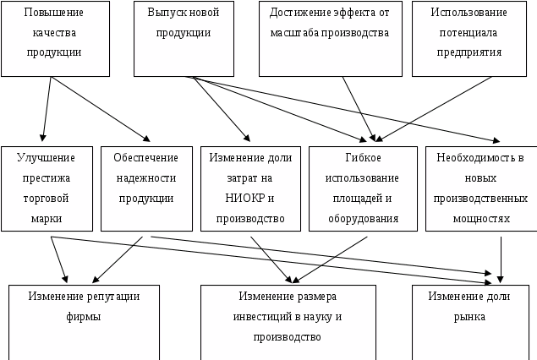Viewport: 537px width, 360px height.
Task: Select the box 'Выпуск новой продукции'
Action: point(183,38)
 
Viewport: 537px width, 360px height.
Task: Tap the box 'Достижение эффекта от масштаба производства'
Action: point(330,38)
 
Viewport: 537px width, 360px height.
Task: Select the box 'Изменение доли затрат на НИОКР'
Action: point(250,188)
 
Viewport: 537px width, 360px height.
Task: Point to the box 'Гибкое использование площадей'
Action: point(363,188)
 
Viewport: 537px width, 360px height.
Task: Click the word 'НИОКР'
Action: point(244,199)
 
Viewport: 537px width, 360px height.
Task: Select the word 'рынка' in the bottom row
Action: point(469,317)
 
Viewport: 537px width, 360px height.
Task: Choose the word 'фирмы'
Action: point(83,317)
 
